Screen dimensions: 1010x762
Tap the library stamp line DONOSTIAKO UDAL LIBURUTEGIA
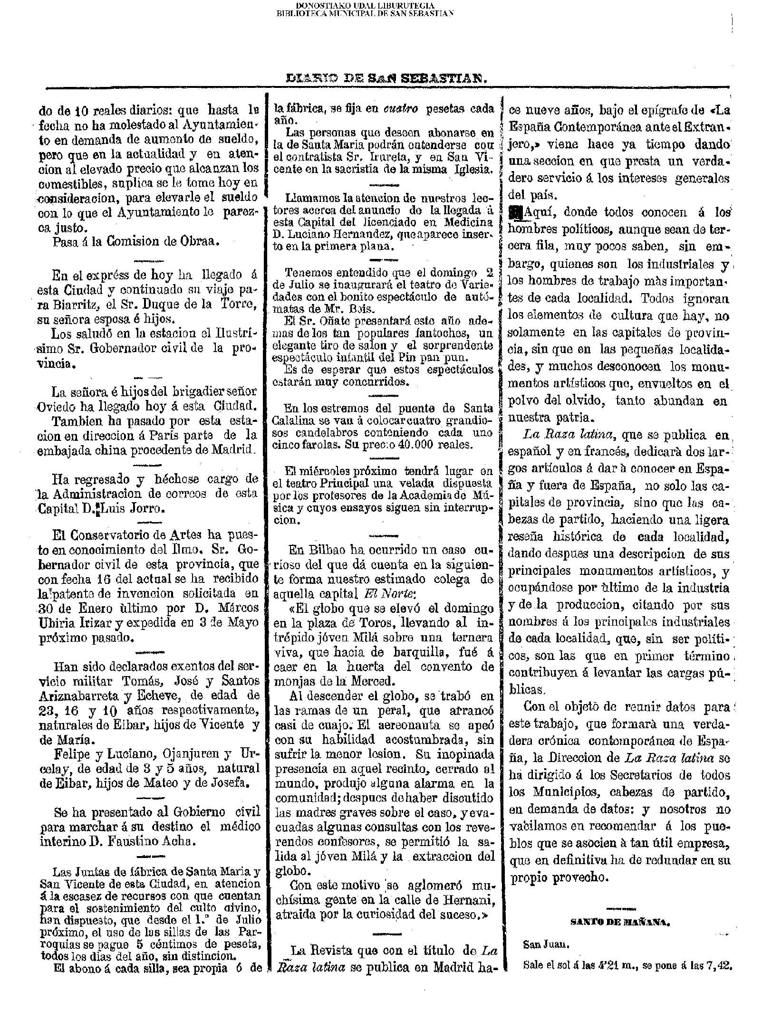(365, 5)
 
